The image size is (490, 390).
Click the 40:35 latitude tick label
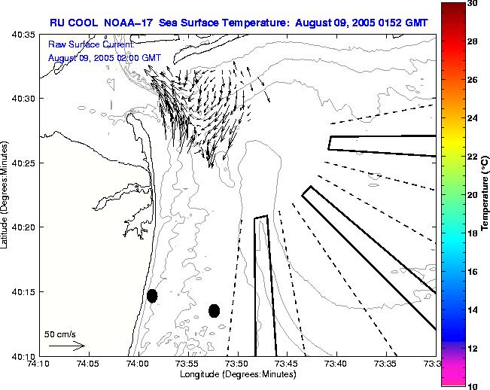(24, 35)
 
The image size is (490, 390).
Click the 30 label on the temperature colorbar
(472, 3)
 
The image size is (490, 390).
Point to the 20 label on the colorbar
(472, 194)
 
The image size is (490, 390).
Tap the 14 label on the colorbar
(472, 309)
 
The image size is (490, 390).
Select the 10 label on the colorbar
(472, 385)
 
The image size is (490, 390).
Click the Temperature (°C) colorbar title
(486, 194)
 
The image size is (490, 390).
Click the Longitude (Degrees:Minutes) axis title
(236, 374)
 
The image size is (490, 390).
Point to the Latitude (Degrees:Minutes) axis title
(7, 194)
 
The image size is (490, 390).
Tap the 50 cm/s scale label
(60, 334)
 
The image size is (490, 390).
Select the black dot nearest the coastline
(152, 296)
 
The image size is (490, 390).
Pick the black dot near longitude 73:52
(214, 310)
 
